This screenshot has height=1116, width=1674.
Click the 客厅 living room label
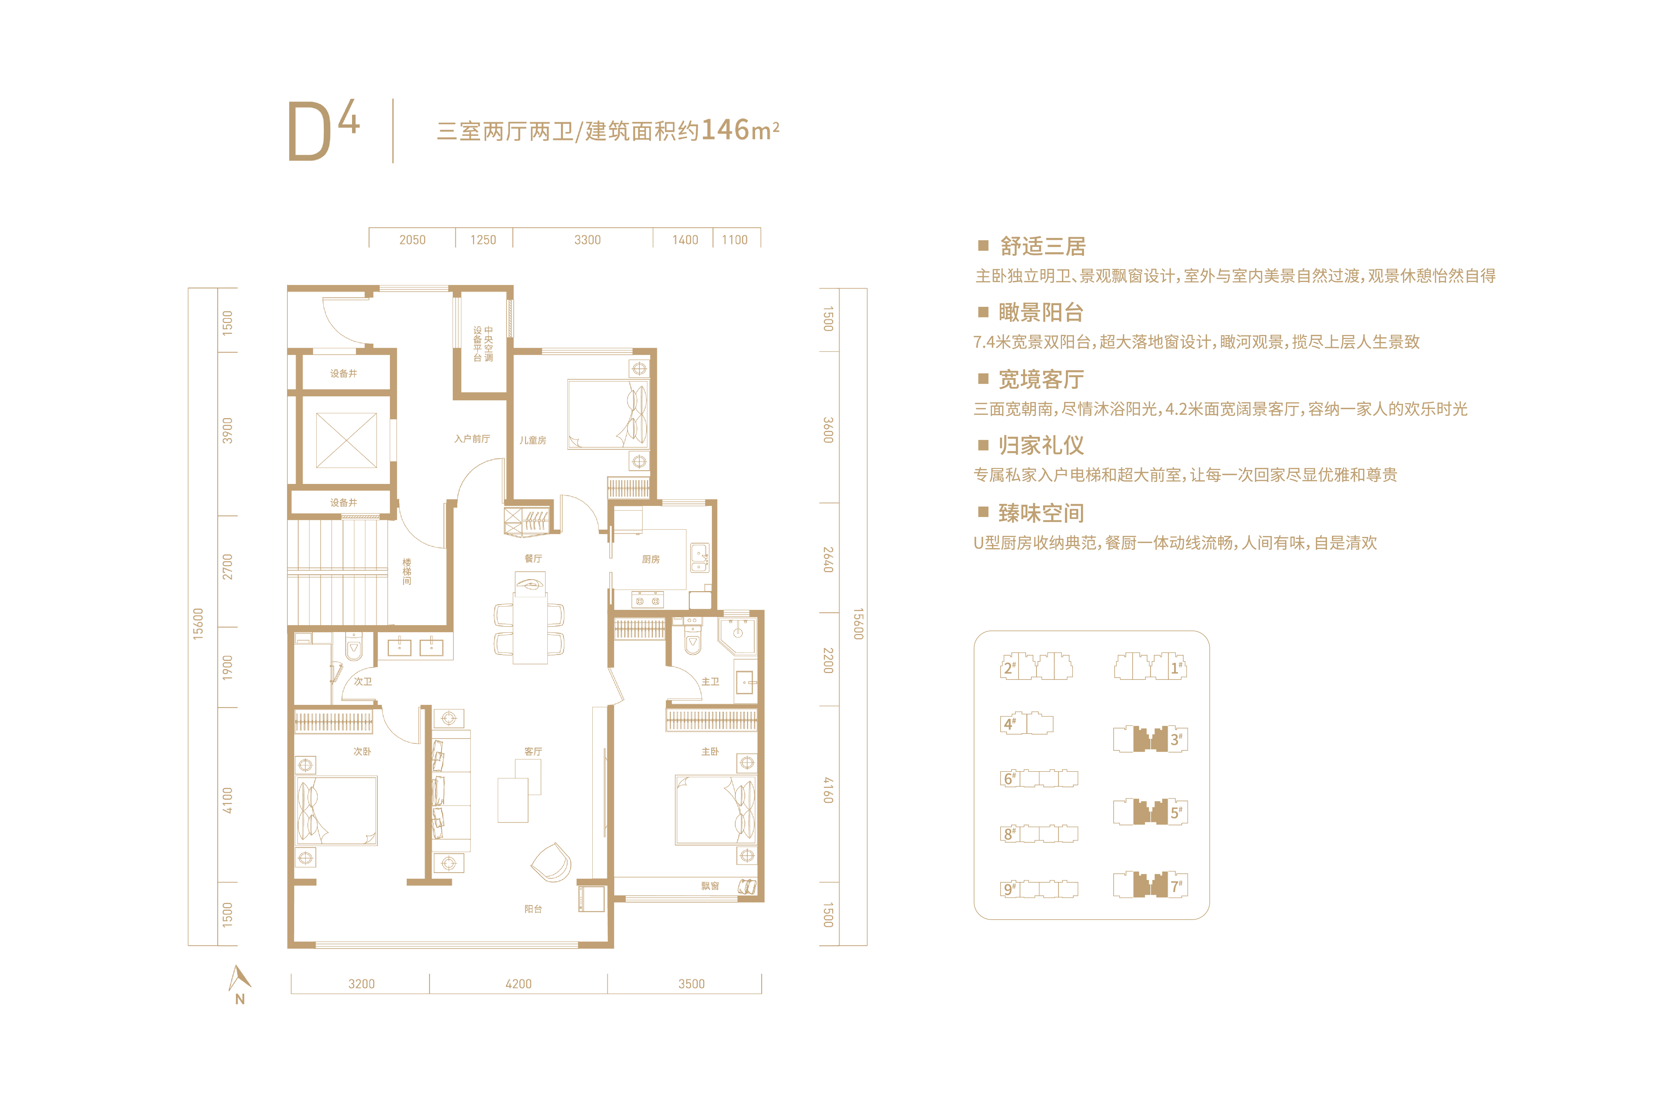click(533, 752)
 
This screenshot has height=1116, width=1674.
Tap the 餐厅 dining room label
click(533, 559)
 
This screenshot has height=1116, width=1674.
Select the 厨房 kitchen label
click(651, 560)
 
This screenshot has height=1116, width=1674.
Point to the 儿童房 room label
click(532, 440)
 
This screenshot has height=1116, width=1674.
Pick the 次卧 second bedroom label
click(362, 752)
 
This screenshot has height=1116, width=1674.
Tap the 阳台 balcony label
click(533, 909)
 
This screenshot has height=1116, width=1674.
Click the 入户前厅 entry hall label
click(472, 439)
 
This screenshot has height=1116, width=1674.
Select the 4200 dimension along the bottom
click(518, 984)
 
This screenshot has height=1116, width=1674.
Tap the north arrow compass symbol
click(240, 984)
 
